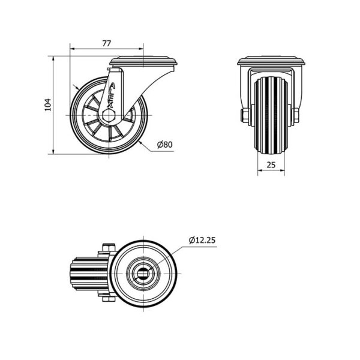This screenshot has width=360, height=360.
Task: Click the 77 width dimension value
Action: [x=107, y=43]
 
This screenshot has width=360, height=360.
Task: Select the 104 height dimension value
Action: [x=47, y=105]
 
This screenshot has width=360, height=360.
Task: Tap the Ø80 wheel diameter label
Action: [x=164, y=145]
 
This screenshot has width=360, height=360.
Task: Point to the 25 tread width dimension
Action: [x=271, y=164]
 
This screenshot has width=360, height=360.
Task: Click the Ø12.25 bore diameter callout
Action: [x=202, y=240]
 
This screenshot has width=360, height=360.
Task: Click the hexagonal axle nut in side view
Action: [x=108, y=115]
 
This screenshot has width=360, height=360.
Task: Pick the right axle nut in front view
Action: [x=296, y=115]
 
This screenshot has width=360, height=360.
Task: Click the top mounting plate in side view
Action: [x=144, y=61]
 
